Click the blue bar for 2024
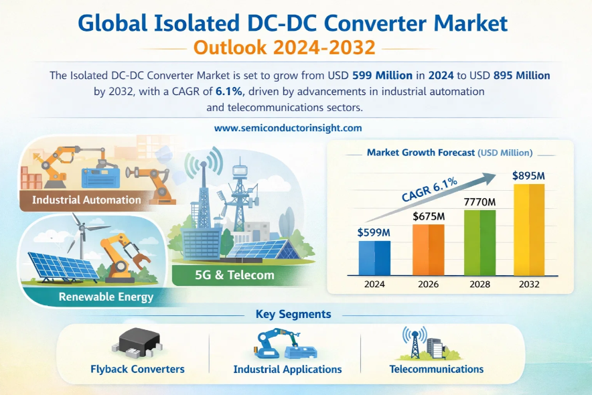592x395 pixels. point(374,258)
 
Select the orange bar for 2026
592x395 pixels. point(428,250)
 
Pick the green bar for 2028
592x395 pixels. point(479,242)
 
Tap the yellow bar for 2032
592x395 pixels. point(529,230)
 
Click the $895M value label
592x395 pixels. point(528,175)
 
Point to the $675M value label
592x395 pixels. point(429,216)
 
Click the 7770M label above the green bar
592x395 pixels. point(479,202)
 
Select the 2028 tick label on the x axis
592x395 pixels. point(479,284)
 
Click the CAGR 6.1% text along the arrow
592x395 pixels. point(429,189)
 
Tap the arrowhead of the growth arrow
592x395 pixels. point(490,177)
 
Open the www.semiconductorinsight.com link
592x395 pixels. point(288,128)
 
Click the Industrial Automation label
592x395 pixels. point(86,200)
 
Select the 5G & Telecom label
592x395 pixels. point(234,274)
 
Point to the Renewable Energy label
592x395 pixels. point(106,297)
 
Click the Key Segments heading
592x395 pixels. point(293,314)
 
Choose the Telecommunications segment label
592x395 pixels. point(437,369)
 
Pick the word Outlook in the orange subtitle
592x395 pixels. point(230,47)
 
